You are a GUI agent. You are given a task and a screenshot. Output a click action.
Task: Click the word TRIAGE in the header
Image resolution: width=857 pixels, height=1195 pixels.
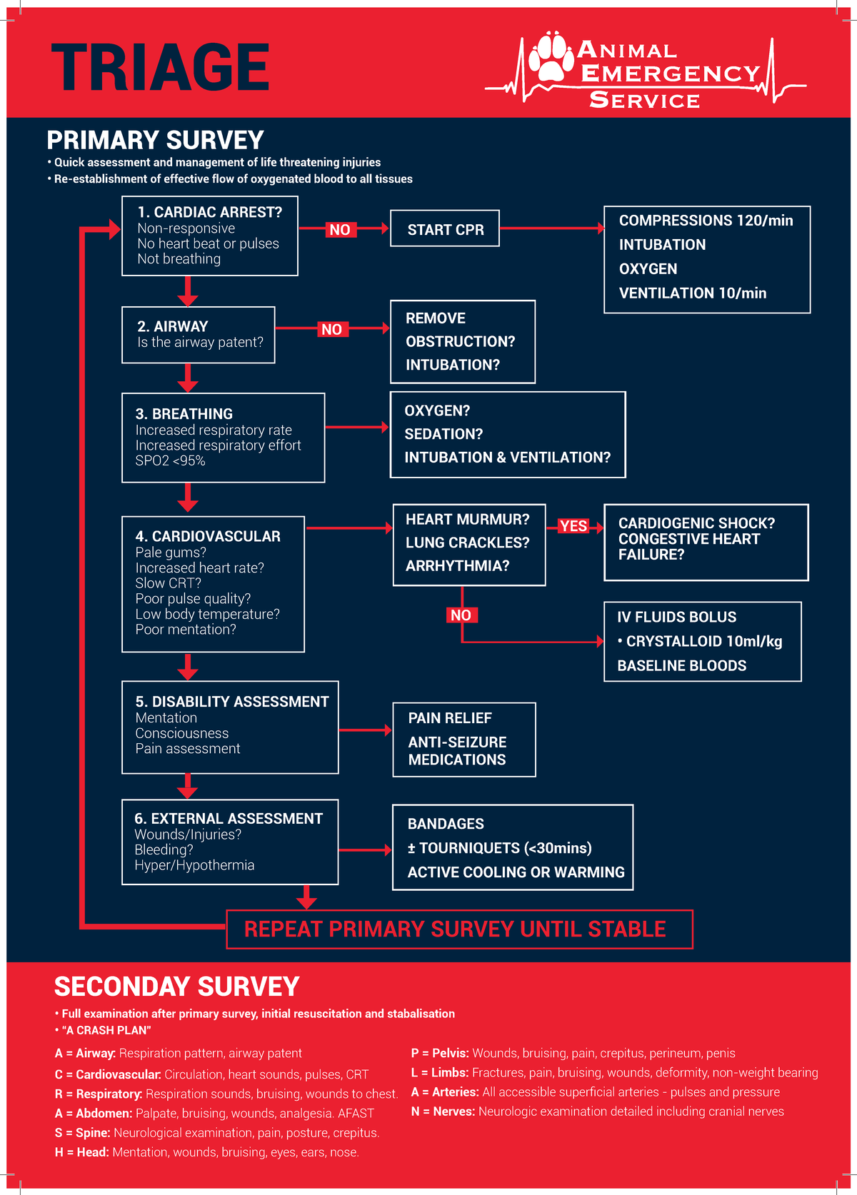point(160,67)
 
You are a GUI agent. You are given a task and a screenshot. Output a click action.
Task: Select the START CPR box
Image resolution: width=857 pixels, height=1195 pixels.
point(445,229)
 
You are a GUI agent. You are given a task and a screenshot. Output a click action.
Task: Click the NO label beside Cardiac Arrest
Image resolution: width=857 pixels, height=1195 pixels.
point(340,229)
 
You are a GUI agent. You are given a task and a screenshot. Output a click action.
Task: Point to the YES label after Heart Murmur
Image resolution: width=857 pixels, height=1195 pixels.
point(573,526)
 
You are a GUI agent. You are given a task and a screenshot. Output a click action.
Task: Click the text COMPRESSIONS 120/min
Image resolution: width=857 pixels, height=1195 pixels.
point(706,221)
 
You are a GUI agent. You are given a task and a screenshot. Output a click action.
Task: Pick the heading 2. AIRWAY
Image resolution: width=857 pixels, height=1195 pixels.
point(173,326)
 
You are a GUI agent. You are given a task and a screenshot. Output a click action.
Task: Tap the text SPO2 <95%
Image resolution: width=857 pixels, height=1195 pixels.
point(170,461)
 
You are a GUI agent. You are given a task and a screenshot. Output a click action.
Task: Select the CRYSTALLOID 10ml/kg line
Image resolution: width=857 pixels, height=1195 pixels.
point(703,641)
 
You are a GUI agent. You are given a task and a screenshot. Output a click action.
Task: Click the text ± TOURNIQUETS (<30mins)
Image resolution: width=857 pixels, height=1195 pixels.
point(500,848)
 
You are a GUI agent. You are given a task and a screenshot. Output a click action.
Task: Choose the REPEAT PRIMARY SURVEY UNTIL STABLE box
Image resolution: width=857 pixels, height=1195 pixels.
point(459,929)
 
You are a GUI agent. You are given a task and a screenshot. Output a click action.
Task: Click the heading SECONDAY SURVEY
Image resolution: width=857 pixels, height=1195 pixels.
point(177,987)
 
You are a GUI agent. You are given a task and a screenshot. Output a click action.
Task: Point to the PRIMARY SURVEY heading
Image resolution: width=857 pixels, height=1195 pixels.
point(155,140)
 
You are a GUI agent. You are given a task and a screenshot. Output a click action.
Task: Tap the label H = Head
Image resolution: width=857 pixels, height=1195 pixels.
point(81,1152)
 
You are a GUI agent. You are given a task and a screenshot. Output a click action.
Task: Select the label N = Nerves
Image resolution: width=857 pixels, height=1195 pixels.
point(443,1111)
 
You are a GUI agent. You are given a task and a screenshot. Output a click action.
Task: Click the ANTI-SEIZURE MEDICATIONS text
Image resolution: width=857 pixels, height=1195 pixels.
point(458,751)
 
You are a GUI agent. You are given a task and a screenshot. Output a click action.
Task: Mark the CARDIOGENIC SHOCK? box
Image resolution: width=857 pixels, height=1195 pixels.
point(706,542)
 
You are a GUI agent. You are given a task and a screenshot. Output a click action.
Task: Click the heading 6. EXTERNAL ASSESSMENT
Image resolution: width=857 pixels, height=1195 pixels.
point(229,819)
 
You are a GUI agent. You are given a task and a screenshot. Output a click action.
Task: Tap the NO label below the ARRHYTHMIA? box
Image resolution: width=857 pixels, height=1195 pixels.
point(461,615)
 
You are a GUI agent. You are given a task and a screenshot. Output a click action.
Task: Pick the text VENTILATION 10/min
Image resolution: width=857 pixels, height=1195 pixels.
point(693,293)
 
